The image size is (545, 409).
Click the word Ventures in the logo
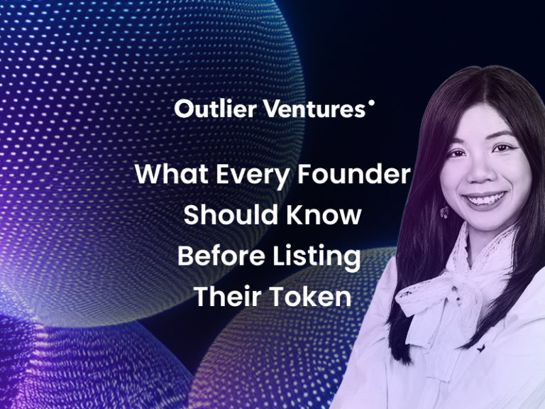pos(314,109)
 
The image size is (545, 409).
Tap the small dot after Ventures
pos(371,102)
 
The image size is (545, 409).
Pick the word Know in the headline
pos(324,214)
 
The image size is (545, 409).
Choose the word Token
pos(311,296)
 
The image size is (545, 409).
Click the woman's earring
pos(444,212)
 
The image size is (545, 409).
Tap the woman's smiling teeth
pos(485,200)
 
